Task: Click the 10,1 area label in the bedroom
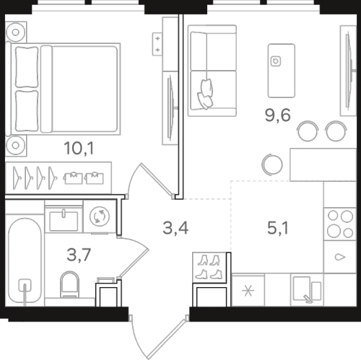click(x=79, y=148)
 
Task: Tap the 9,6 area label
click(x=278, y=115)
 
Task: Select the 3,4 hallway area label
click(x=175, y=228)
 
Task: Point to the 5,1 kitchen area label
click(x=278, y=228)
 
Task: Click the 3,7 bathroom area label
click(x=79, y=255)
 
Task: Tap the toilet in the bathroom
click(x=69, y=284)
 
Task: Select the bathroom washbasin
click(x=64, y=220)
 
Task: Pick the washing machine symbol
click(x=100, y=216)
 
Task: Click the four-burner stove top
click(x=340, y=224)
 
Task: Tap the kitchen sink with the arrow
click(x=307, y=289)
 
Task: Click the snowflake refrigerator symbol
click(x=248, y=291)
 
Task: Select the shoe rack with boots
click(x=209, y=268)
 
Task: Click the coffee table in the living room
click(x=282, y=71)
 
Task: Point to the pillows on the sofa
click(x=205, y=94)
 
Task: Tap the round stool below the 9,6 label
click(x=272, y=164)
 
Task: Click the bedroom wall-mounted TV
click(x=172, y=108)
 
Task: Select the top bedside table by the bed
click(x=16, y=32)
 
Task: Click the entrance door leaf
click(x=167, y=338)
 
